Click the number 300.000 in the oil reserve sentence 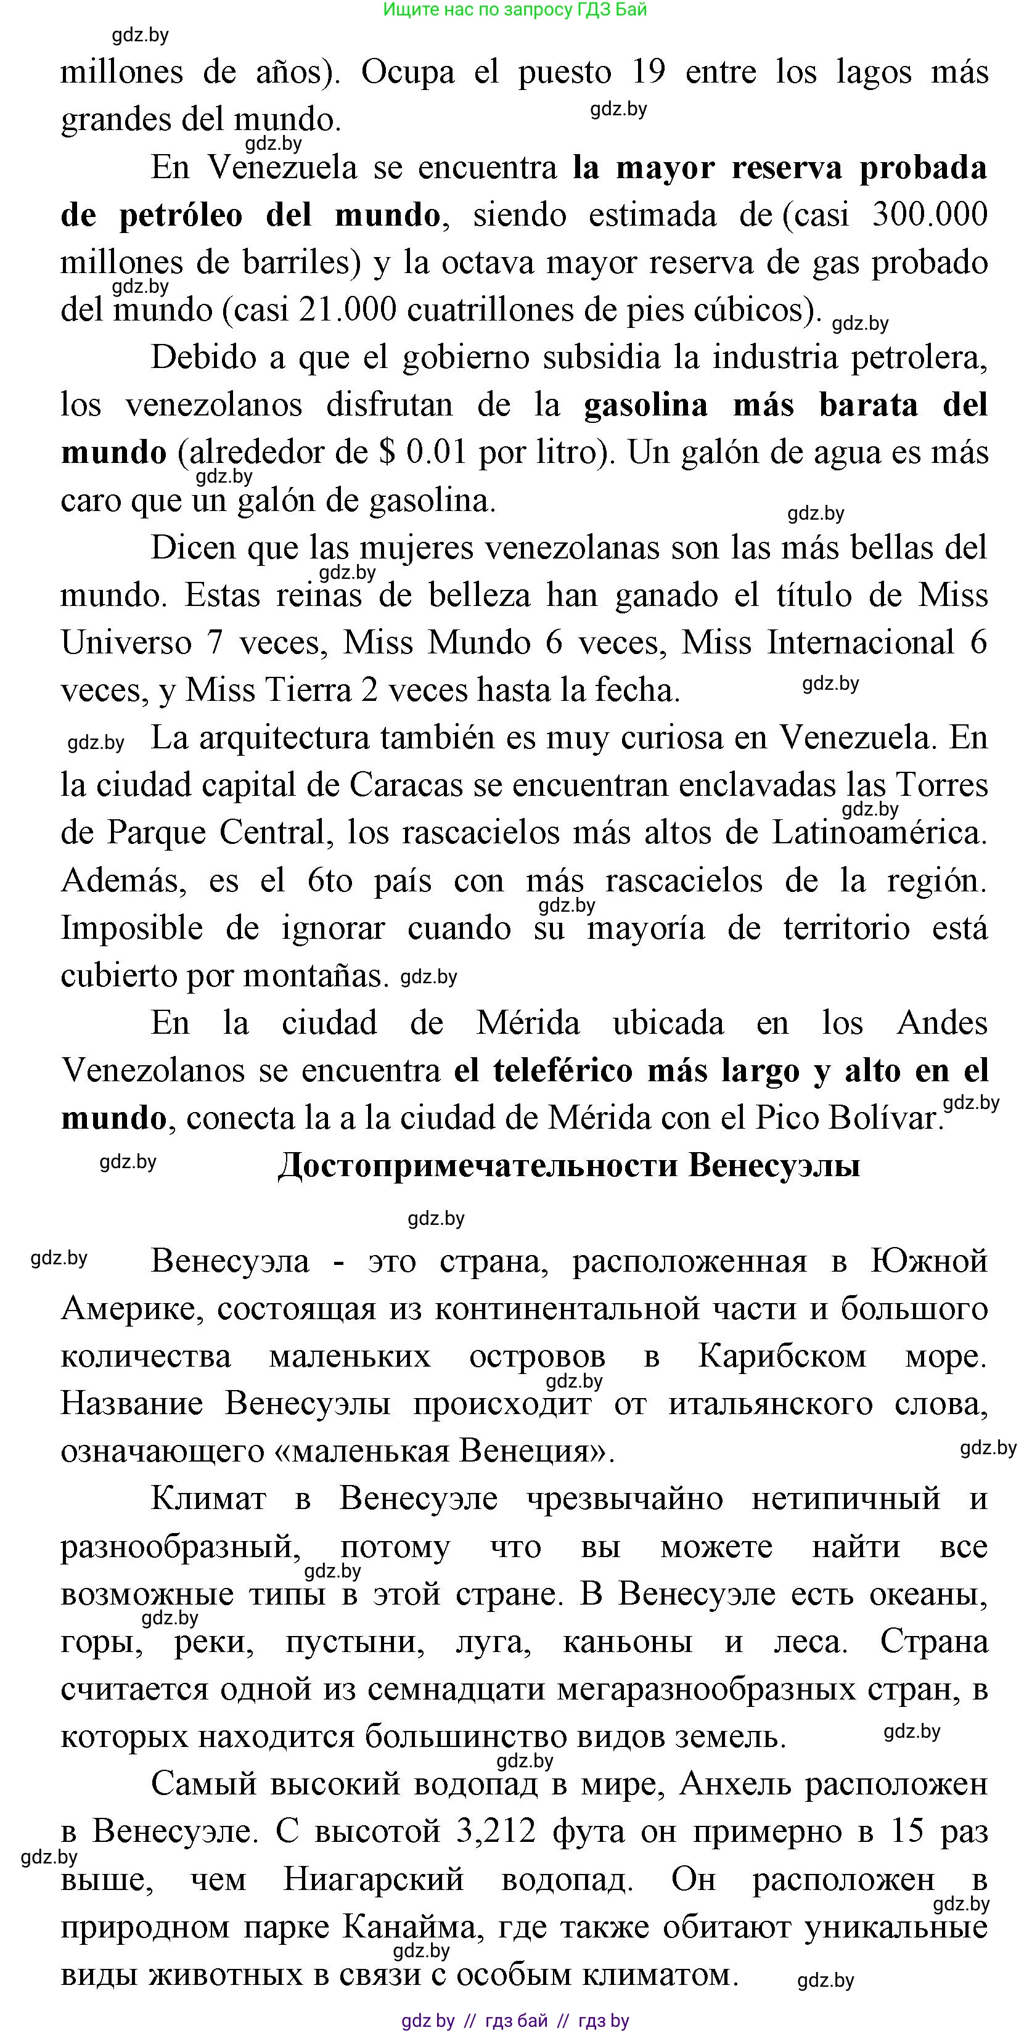coord(928,215)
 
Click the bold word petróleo coord(181,215)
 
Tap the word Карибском coord(782,1356)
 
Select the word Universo coord(126,642)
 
